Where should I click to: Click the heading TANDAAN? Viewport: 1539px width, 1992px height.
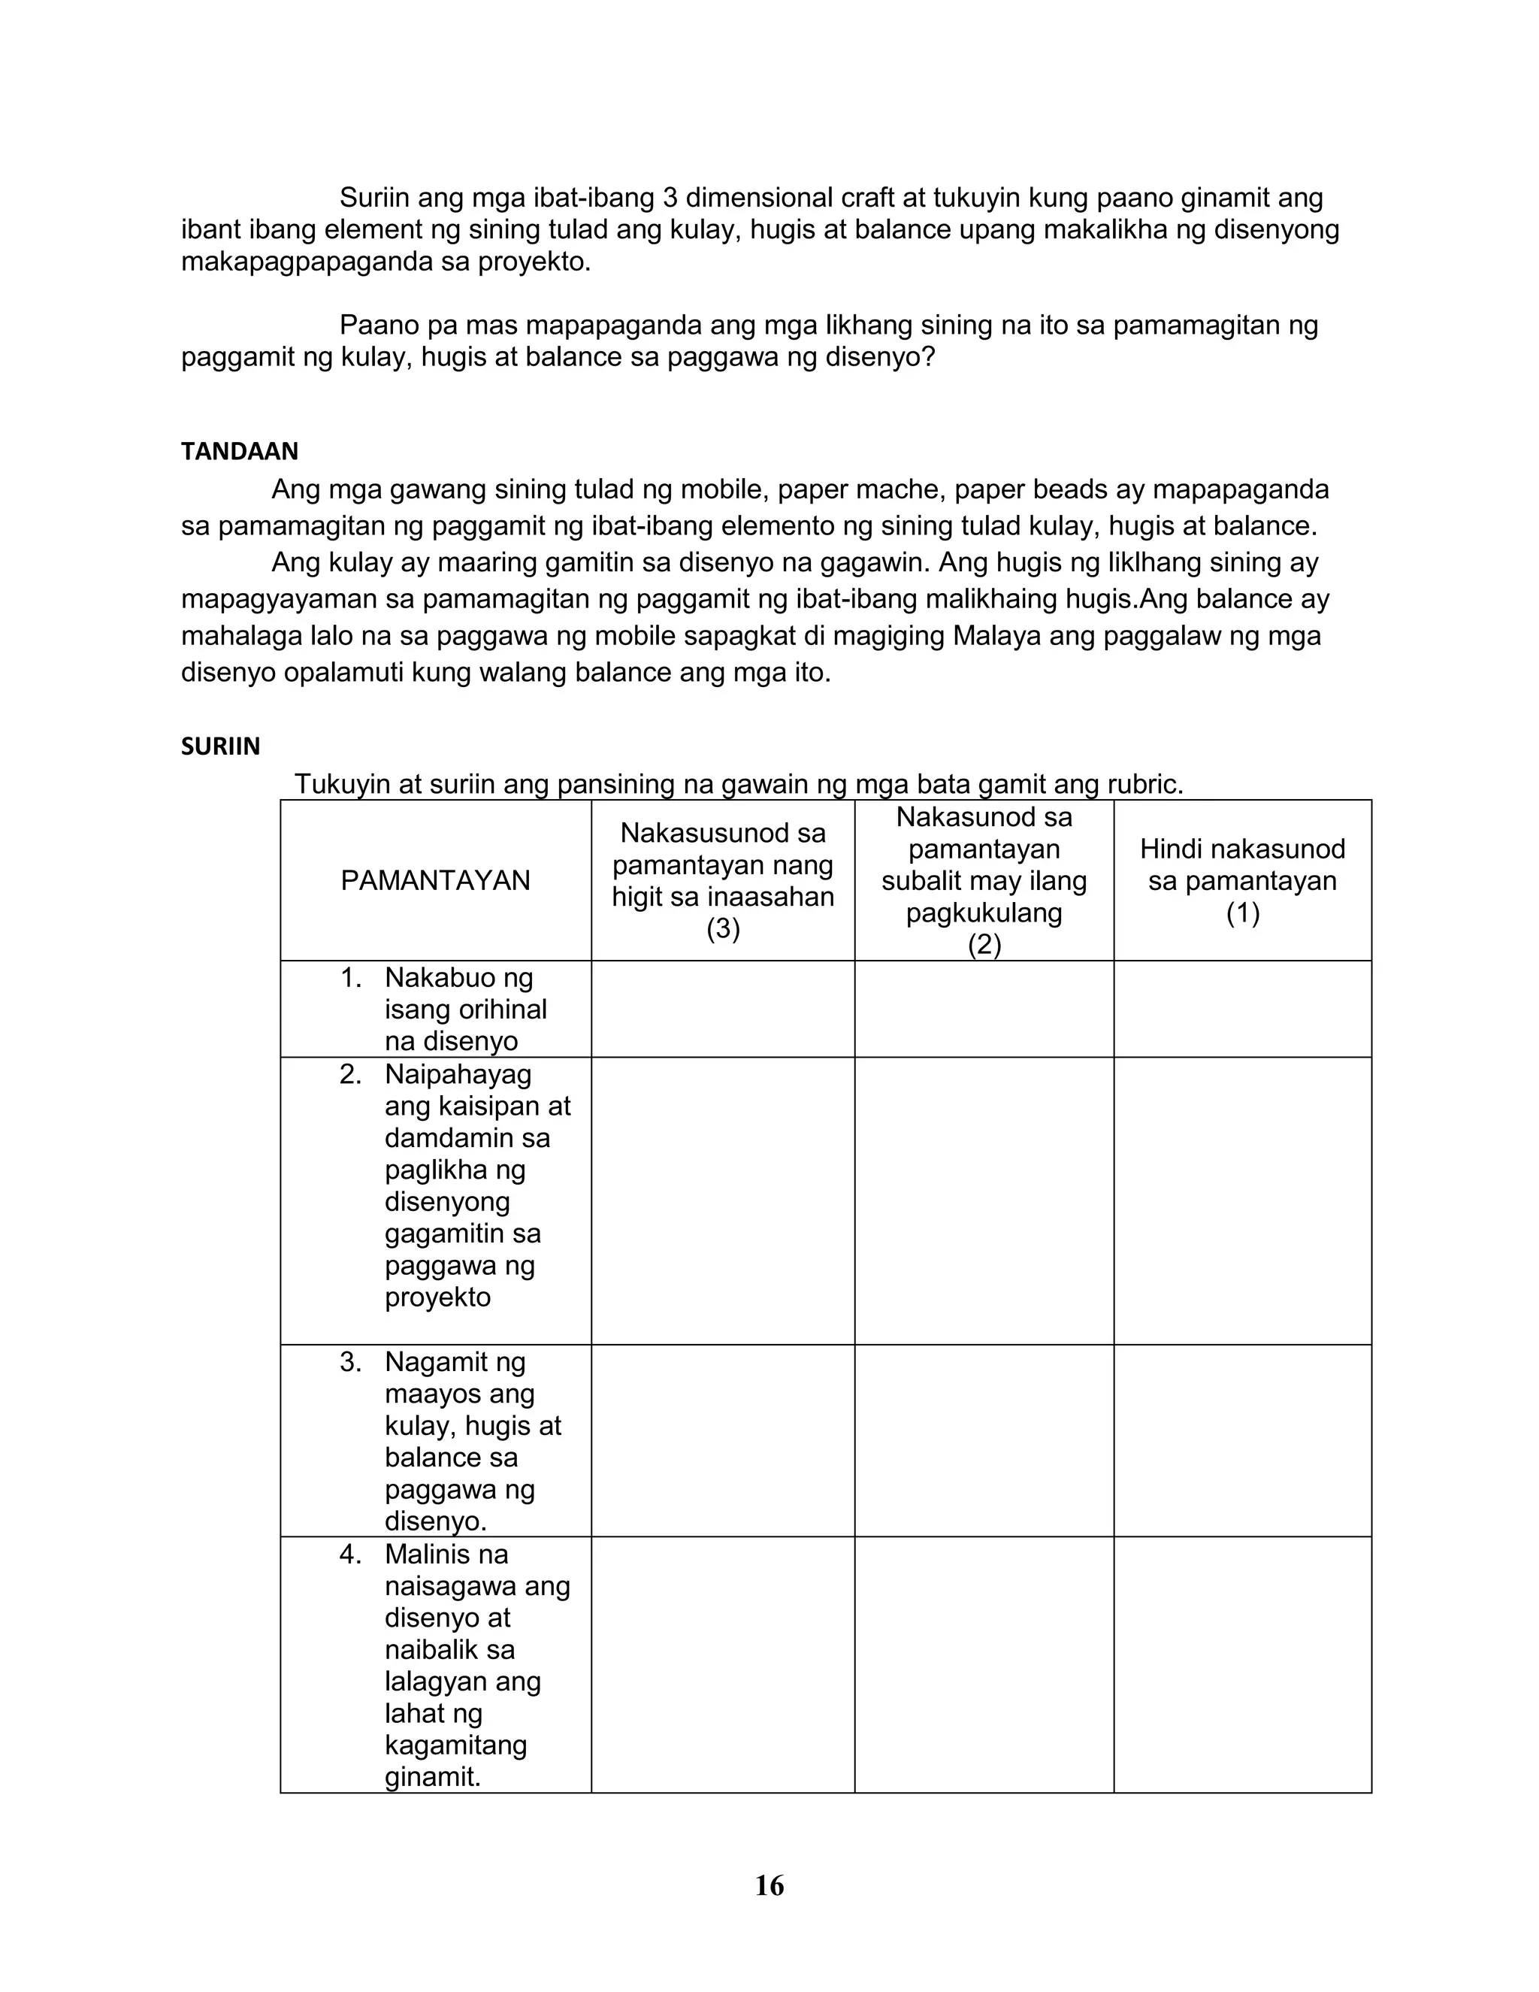pos(239,452)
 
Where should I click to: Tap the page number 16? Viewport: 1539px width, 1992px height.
pos(769,1885)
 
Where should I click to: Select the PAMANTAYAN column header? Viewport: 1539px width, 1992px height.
pos(435,880)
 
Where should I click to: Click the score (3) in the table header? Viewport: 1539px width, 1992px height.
pos(722,928)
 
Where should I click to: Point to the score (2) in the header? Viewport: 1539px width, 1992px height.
pos(984,944)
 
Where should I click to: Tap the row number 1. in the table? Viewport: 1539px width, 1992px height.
pos(351,978)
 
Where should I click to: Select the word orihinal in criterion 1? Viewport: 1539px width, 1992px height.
pos(503,1010)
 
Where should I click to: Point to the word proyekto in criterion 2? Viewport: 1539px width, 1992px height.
pos(437,1297)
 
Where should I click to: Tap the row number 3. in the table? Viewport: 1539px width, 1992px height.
pos(351,1362)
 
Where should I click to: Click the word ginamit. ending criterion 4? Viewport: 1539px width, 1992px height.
pos(432,1777)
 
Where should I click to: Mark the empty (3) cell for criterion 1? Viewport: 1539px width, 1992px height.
pos(722,1009)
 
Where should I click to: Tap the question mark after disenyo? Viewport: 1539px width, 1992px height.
pos(929,356)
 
